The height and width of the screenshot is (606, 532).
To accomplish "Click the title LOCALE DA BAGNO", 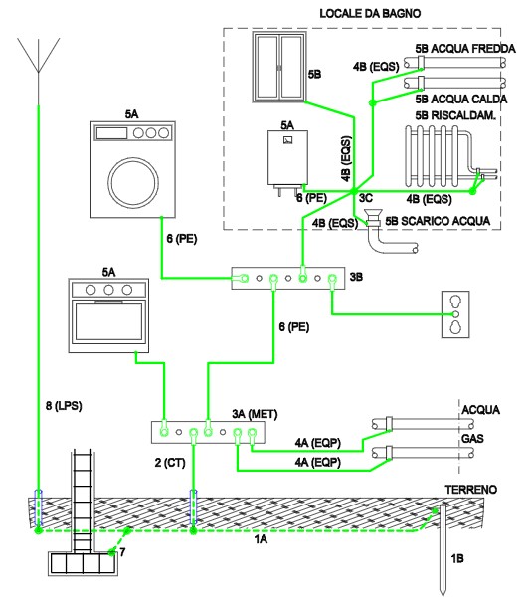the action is [370, 14].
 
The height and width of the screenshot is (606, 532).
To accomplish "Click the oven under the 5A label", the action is [108, 315].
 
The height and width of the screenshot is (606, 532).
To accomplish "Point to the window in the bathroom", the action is [279, 68].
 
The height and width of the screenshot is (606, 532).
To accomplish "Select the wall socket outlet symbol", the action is [455, 314].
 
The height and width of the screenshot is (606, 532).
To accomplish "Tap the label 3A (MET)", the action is [255, 414].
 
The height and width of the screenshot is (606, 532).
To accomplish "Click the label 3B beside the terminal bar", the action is [356, 277].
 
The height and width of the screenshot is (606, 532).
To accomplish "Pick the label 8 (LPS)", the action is [64, 406].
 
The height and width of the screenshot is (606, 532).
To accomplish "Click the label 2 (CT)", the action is [170, 463].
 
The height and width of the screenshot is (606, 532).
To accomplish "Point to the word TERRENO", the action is [470, 490].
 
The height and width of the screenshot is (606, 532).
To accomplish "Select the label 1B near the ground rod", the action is [457, 558].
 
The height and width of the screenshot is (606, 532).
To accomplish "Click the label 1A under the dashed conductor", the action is [261, 539].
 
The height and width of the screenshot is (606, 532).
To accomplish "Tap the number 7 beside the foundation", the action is [122, 552].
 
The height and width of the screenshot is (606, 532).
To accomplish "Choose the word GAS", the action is [472, 439].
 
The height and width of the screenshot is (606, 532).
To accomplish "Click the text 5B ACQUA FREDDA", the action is [465, 49].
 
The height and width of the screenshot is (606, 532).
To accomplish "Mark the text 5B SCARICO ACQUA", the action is [438, 221].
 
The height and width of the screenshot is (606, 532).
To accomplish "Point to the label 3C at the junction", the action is [366, 198].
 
